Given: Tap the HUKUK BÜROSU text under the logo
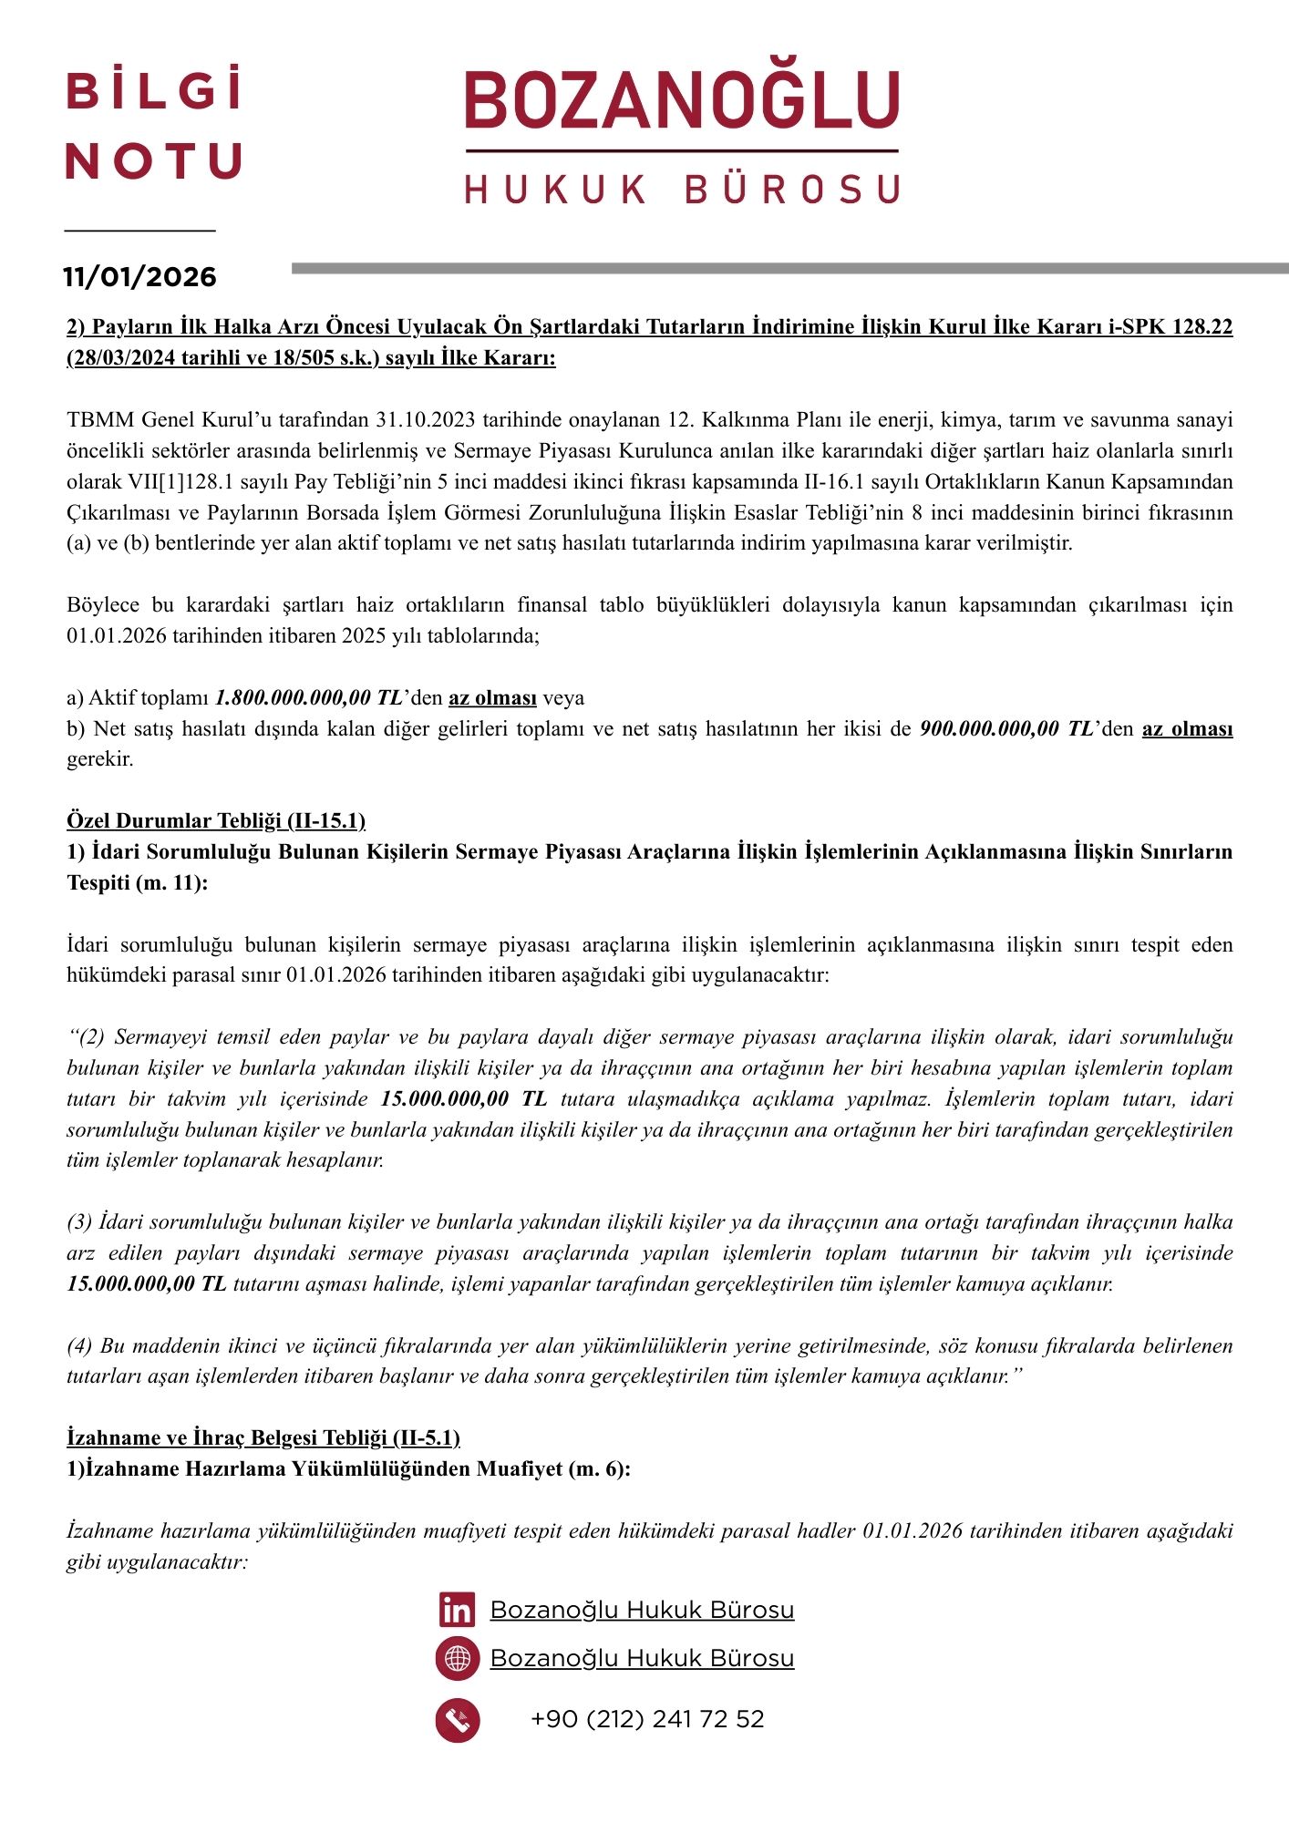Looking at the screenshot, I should point(682,190).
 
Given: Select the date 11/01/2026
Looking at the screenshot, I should point(139,277).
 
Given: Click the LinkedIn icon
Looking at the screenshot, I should point(457,1610).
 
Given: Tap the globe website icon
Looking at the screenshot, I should point(457,1658).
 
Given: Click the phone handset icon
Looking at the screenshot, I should point(457,1720).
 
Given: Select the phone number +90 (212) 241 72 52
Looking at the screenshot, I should point(647,1719).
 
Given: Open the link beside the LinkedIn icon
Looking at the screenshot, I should point(642,1610).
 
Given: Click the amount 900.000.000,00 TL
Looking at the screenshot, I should point(1006,729).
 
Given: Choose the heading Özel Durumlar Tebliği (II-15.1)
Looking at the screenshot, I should point(216,821).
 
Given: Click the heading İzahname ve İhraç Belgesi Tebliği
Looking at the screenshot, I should point(263,1437).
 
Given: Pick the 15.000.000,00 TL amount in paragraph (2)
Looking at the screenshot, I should point(463,1099).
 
